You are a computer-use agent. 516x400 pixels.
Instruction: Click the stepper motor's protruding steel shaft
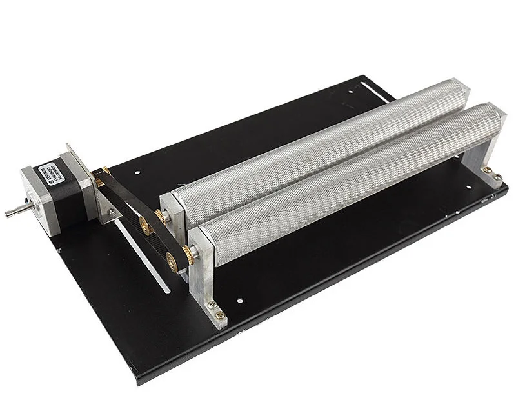click(x=12, y=210)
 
